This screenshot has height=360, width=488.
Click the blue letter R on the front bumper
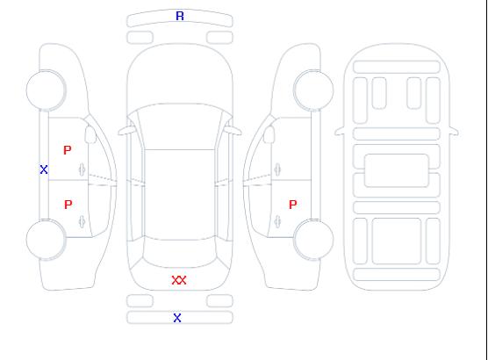(180, 16)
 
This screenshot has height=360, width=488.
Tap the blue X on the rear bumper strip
(177, 318)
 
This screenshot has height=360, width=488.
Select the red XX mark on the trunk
(179, 280)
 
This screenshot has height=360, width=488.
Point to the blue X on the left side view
(44, 169)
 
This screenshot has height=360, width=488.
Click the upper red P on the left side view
(68, 150)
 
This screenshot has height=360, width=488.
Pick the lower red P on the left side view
(68, 205)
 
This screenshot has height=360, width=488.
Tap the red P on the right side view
(293, 205)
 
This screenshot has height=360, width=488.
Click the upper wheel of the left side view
(46, 90)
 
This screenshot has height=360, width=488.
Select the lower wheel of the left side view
(46, 240)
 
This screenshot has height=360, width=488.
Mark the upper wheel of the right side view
(313, 90)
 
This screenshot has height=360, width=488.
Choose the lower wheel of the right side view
(313, 240)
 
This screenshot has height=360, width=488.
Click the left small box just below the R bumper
(140, 38)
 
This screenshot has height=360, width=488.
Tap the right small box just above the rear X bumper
(219, 301)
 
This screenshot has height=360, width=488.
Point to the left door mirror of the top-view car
(126, 131)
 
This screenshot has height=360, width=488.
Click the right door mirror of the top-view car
(233, 131)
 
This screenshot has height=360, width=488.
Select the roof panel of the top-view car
(180, 195)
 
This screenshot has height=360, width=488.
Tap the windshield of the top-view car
(180, 126)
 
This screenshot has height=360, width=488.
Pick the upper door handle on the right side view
(277, 169)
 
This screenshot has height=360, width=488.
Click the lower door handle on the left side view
(83, 221)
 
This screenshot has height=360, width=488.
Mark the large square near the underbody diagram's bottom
(397, 241)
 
